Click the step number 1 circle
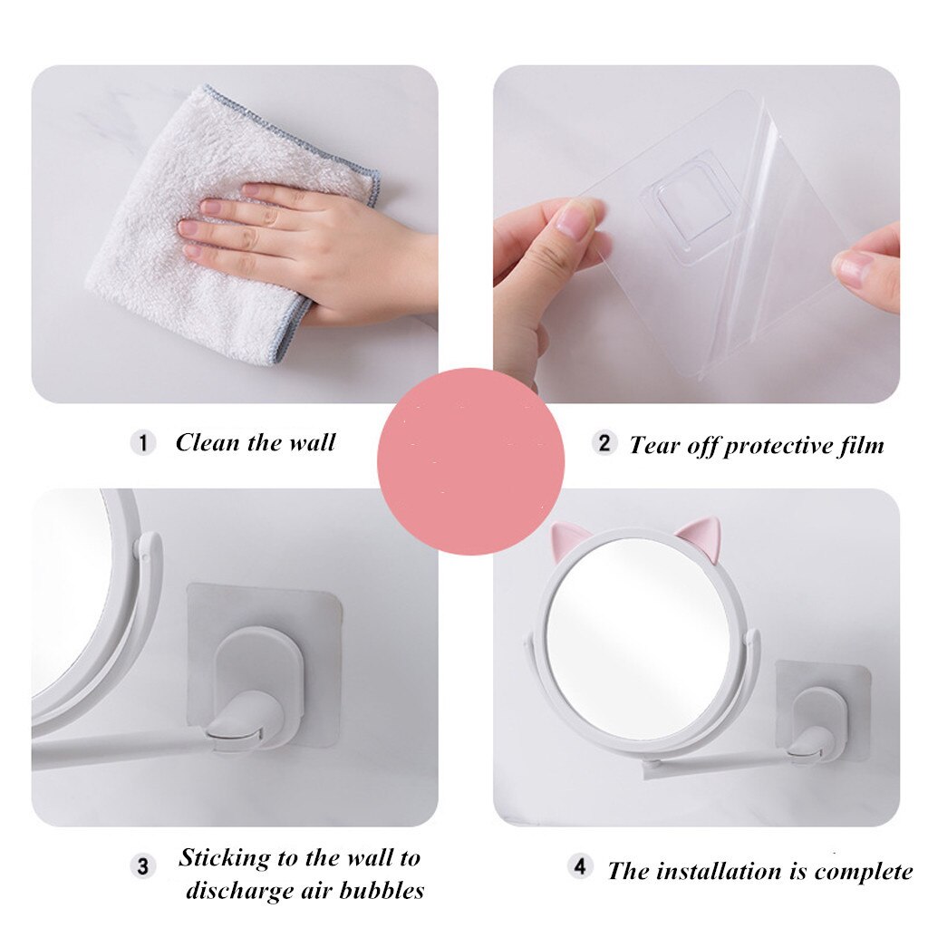coord(142,443)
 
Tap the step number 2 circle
coord(604,443)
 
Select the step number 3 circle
coord(142,865)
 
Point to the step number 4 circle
coord(580,866)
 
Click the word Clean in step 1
coord(208,443)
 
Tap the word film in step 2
coord(858,445)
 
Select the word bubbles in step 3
coord(382,890)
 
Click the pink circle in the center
coord(470,461)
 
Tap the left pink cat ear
coord(567,540)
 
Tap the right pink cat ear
coord(699,534)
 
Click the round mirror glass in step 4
coord(638,637)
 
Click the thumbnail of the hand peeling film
coord(696,233)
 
